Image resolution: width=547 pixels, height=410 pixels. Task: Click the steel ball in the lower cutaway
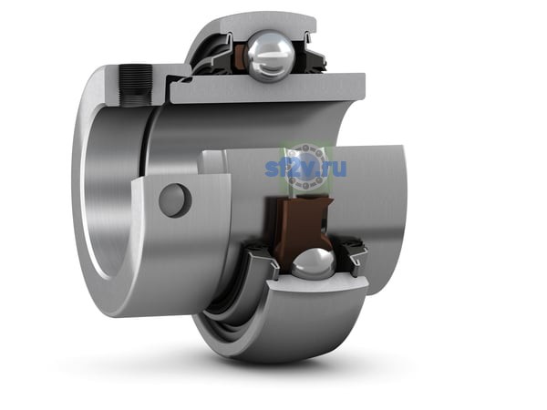pos(314,264)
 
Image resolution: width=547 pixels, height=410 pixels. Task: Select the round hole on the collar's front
pos(175,200)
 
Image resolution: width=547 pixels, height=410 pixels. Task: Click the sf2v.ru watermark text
pos(305,168)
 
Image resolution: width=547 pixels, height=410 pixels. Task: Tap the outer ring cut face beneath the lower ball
pos(318,283)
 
